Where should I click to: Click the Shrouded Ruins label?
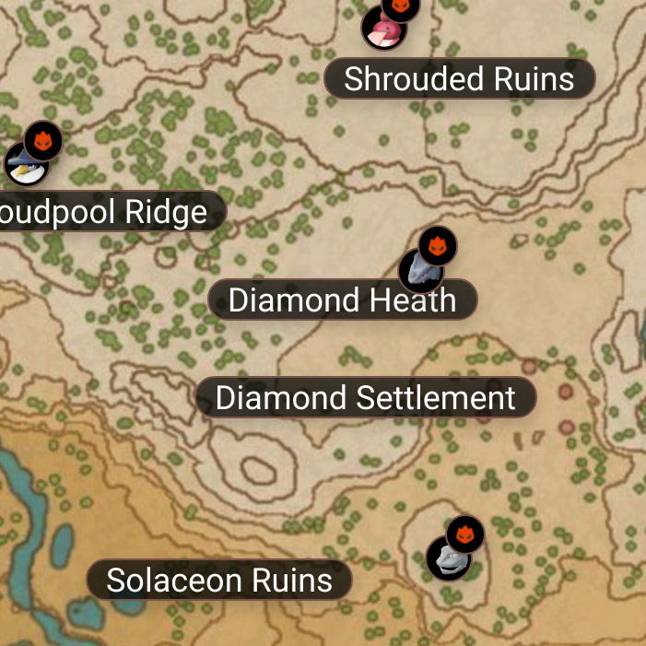[x=459, y=79]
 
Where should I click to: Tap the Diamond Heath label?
[x=342, y=300]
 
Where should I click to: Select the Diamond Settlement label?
[x=365, y=398]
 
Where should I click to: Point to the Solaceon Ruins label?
[x=219, y=581]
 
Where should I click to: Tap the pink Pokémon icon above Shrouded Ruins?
[x=382, y=29]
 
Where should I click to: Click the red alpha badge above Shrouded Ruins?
[x=401, y=6]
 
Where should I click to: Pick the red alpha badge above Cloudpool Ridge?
[x=42, y=141]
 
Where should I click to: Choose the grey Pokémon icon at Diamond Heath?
[x=419, y=270]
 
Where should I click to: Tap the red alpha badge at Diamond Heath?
[x=438, y=246]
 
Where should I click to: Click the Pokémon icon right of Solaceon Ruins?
[x=448, y=558]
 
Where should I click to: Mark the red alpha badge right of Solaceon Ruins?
[x=465, y=534]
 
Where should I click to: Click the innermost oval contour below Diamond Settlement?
[x=258, y=470]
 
